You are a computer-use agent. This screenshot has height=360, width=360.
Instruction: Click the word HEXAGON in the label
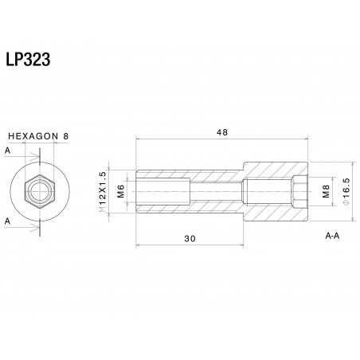[x=33, y=135]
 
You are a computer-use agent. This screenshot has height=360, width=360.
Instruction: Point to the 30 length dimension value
[x=190, y=238]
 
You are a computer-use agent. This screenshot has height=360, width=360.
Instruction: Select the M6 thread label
[x=121, y=191]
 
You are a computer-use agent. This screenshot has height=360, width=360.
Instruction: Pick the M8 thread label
[x=326, y=191]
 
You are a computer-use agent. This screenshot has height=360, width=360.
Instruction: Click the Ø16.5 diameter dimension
[x=346, y=191]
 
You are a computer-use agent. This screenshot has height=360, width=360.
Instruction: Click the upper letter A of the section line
[x=8, y=149]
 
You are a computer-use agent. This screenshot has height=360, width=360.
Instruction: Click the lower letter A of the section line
[x=8, y=220]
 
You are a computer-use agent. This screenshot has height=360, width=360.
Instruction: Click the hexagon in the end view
[x=38, y=191]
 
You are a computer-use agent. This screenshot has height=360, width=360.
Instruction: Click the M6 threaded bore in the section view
[x=163, y=191]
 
